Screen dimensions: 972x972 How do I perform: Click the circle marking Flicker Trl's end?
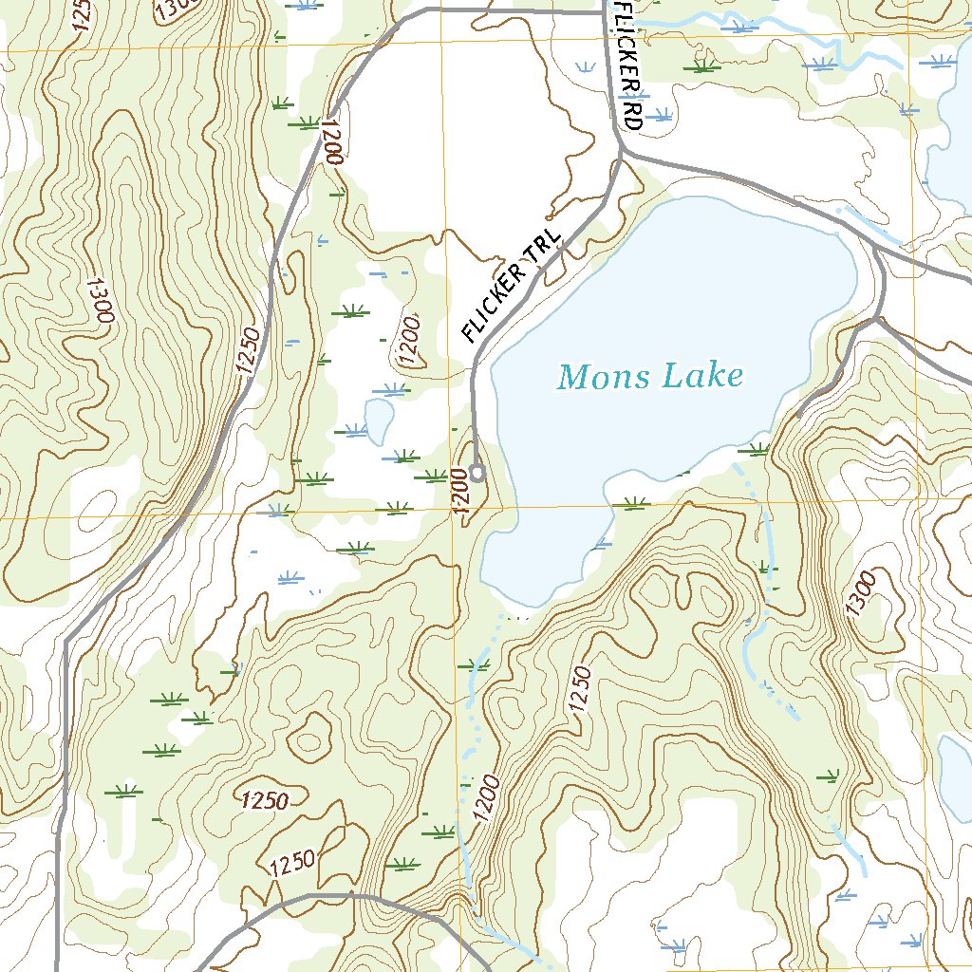pos(477,472)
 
